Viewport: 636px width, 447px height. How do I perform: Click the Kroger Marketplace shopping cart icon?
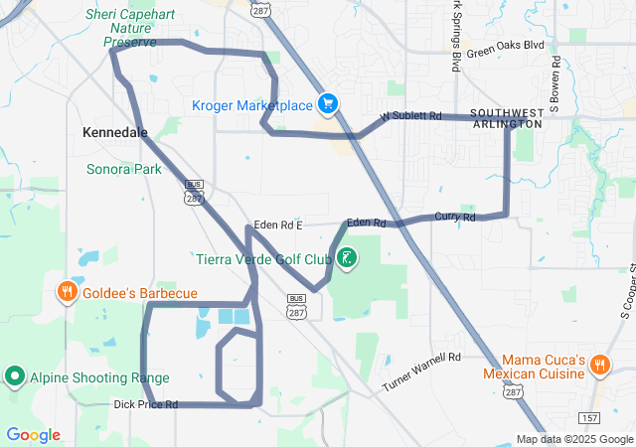coord(328,104)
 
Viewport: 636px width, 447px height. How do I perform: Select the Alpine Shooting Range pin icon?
coord(15,376)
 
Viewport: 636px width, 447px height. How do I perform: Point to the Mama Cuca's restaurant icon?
coord(600,365)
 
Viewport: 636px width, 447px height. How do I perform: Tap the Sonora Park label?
coord(123,169)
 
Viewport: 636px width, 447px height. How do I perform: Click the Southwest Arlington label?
coord(507,117)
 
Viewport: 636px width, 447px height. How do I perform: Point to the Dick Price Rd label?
coord(145,404)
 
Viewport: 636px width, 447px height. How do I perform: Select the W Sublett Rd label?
coord(409,116)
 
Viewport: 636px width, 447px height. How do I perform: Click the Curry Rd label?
coord(454,217)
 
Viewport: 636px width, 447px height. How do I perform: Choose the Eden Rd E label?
coord(277,225)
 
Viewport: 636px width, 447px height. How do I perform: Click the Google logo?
coord(33,435)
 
